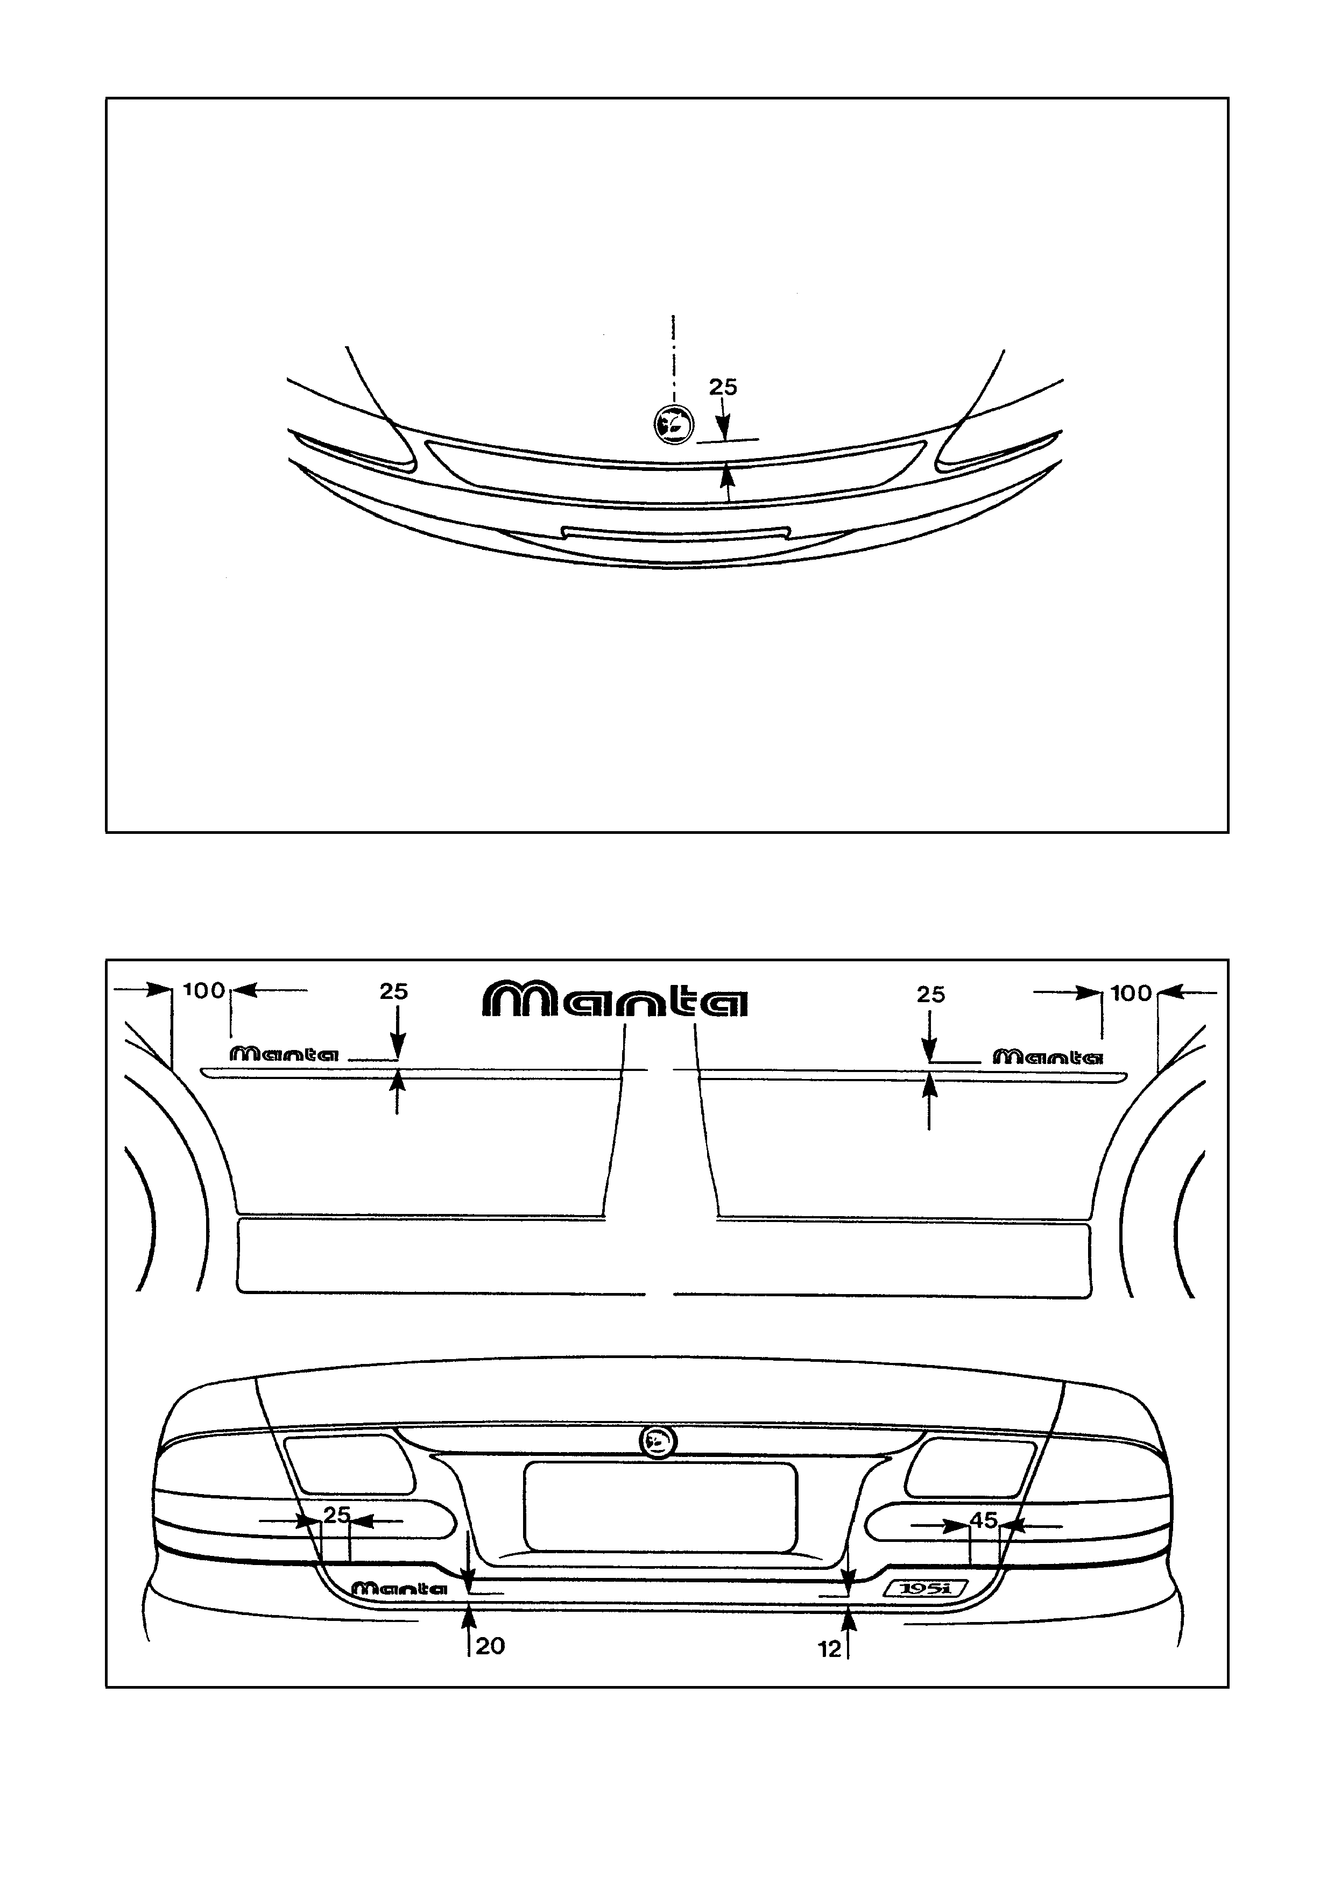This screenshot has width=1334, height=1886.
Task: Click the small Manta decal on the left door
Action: point(284,1054)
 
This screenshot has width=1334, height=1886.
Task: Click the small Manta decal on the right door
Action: point(1048,1057)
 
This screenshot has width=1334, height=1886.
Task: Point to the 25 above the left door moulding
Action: point(394,991)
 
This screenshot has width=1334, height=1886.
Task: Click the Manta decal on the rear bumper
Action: point(399,1589)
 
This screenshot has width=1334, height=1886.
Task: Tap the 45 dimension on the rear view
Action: point(984,1520)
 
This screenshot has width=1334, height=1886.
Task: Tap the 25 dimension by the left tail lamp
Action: point(337,1514)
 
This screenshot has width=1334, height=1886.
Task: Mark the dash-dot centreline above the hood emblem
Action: point(674,358)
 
